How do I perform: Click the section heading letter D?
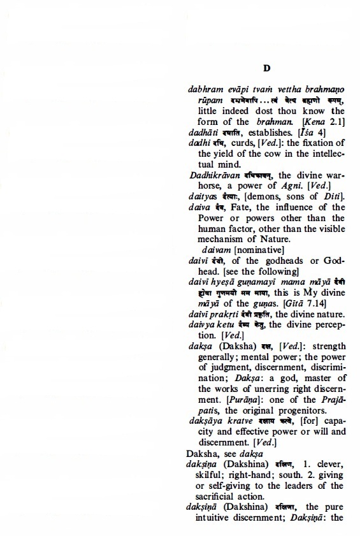(x=268, y=68)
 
